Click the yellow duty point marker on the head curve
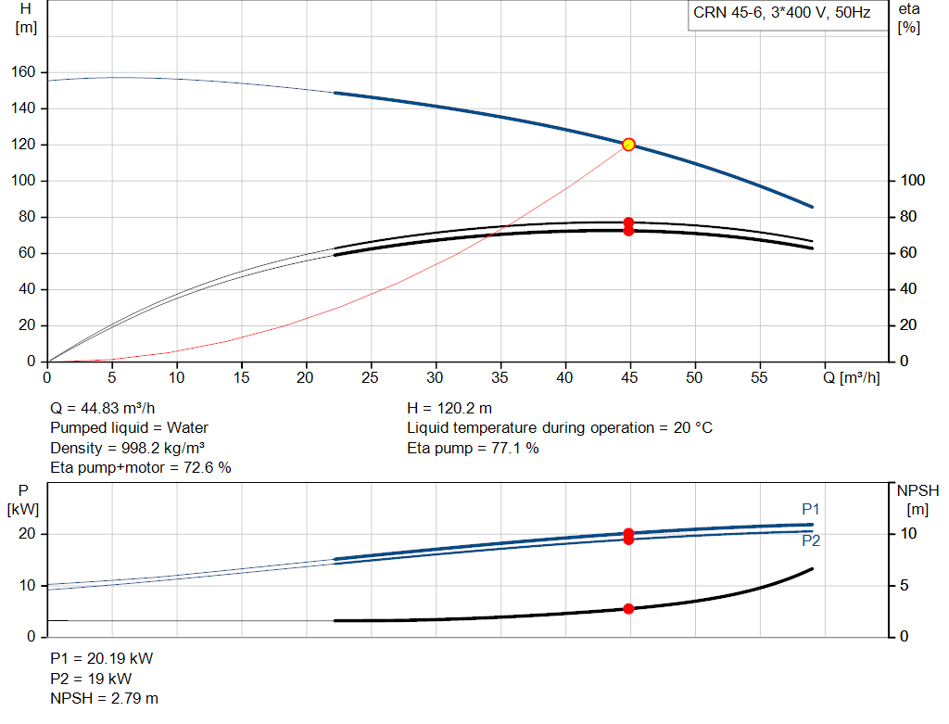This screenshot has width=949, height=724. pos(628,145)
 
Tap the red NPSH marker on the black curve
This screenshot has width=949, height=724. pos(628,608)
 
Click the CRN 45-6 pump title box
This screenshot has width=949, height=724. pos(788,15)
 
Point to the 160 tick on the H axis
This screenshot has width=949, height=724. pos(23,72)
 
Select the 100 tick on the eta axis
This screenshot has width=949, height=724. pos(912,181)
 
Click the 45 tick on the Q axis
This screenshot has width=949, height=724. pos(629,377)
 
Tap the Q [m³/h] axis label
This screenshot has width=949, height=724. pos(851,377)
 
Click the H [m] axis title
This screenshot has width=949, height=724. pos(25,19)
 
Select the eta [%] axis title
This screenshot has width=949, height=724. pos(909,19)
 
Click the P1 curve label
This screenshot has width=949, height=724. pos(810,510)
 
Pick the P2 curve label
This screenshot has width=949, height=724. pos(811,541)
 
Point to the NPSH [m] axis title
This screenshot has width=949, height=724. pos(917,500)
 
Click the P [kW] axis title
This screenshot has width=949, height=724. pos(23,500)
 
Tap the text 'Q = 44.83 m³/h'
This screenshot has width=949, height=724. pos(102,409)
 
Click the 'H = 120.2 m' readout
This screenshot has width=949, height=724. pos(449,409)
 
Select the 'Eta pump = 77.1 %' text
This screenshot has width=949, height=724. pos(473,449)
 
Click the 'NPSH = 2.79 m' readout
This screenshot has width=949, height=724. pos(104,699)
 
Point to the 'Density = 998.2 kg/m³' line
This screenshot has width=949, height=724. pos(127,449)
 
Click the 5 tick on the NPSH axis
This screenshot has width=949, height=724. pos(905,585)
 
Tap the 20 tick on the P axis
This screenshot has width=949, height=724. pos(27,534)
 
